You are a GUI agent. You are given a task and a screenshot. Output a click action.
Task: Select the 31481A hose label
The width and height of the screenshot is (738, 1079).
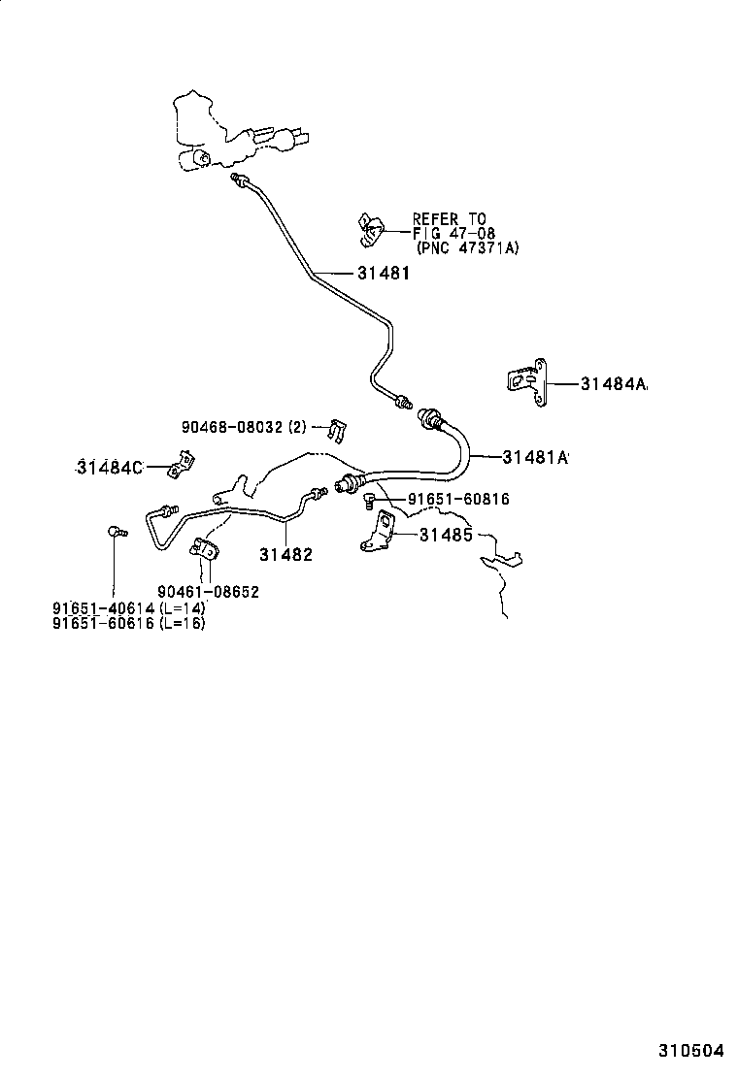[534, 455]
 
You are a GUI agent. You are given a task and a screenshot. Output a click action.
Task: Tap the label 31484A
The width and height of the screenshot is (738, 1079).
[614, 384]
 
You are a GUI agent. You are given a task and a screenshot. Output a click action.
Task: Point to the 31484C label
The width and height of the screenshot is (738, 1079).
[110, 468]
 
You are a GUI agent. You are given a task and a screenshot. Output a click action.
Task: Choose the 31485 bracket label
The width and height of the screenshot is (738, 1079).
[446, 535]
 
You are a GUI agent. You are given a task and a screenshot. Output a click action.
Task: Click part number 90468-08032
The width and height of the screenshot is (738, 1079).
[243, 427]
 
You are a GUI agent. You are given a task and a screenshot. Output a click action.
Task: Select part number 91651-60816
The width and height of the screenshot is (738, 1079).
[457, 500]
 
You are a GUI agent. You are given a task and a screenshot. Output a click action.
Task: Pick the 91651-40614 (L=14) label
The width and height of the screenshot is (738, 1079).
[128, 607]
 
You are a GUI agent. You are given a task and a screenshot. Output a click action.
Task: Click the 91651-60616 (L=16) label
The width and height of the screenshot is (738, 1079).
[128, 623]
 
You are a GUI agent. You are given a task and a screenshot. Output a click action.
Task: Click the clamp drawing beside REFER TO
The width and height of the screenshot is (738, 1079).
[368, 229]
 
